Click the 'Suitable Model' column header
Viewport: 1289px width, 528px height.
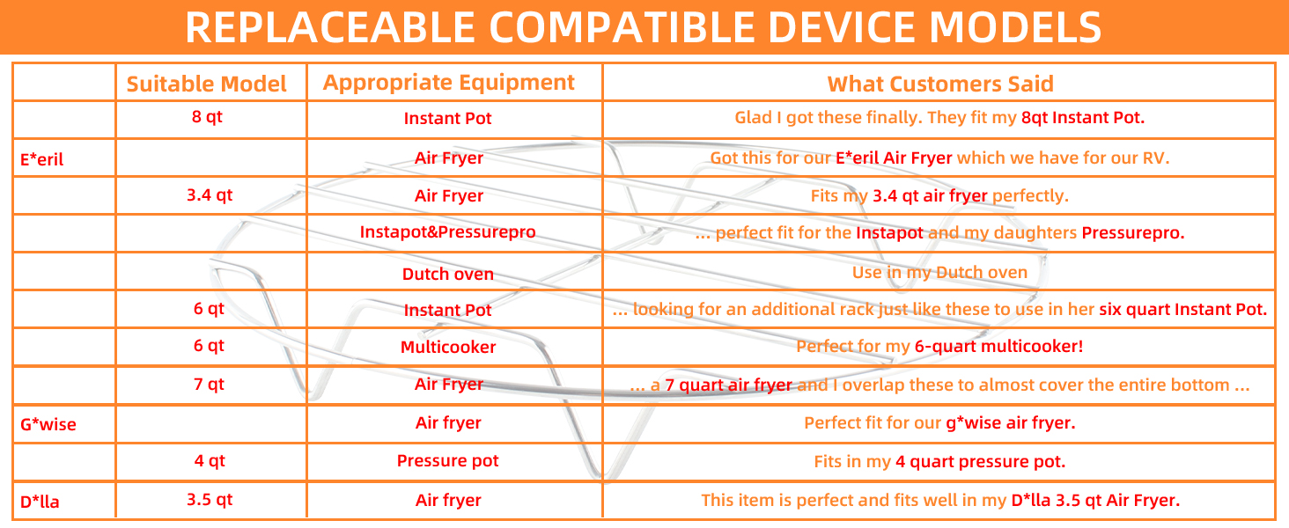pos(206,84)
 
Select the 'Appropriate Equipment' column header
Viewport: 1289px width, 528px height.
pos(448,83)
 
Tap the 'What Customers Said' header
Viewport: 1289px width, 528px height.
pos(940,84)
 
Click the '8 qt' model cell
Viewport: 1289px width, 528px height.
pos(207,117)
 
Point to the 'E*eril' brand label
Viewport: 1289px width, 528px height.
pos(41,159)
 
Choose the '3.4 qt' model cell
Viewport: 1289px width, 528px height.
pos(210,195)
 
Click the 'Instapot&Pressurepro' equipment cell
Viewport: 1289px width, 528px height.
pos(447,231)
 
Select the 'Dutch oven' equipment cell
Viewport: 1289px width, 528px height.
pos(447,274)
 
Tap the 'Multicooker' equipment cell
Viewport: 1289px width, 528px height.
pos(447,347)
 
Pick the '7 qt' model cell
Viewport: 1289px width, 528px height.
pos(209,384)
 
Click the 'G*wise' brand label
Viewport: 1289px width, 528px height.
pos(48,424)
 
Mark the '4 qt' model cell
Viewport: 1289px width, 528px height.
pos(210,461)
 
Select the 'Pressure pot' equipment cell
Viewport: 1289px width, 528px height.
pos(447,461)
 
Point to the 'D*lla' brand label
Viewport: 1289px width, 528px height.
pos(40,502)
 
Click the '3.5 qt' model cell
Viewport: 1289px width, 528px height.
pos(210,499)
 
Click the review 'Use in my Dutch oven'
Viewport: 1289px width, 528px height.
pos(939,272)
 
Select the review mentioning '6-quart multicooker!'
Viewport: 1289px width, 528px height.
pos(939,346)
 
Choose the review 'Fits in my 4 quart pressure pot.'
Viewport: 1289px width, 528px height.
pos(939,461)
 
